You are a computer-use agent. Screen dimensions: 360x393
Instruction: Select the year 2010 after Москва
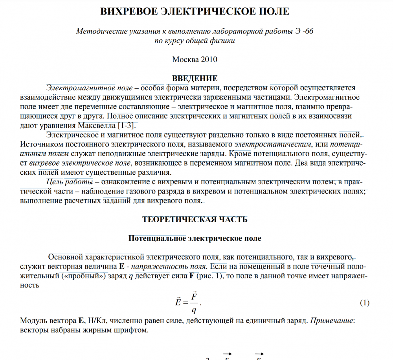click(209, 59)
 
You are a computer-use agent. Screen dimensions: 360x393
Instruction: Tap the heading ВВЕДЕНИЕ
click(195, 79)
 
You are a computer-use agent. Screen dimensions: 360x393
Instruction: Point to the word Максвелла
click(97, 125)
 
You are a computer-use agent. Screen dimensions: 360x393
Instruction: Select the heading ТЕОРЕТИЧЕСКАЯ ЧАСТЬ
click(195, 219)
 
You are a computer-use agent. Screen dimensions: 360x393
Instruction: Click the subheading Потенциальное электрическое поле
click(195, 238)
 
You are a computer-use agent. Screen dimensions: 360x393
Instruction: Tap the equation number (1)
click(365, 303)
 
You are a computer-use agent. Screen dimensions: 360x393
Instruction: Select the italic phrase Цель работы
click(70, 182)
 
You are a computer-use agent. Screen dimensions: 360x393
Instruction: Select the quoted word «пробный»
click(84, 275)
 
